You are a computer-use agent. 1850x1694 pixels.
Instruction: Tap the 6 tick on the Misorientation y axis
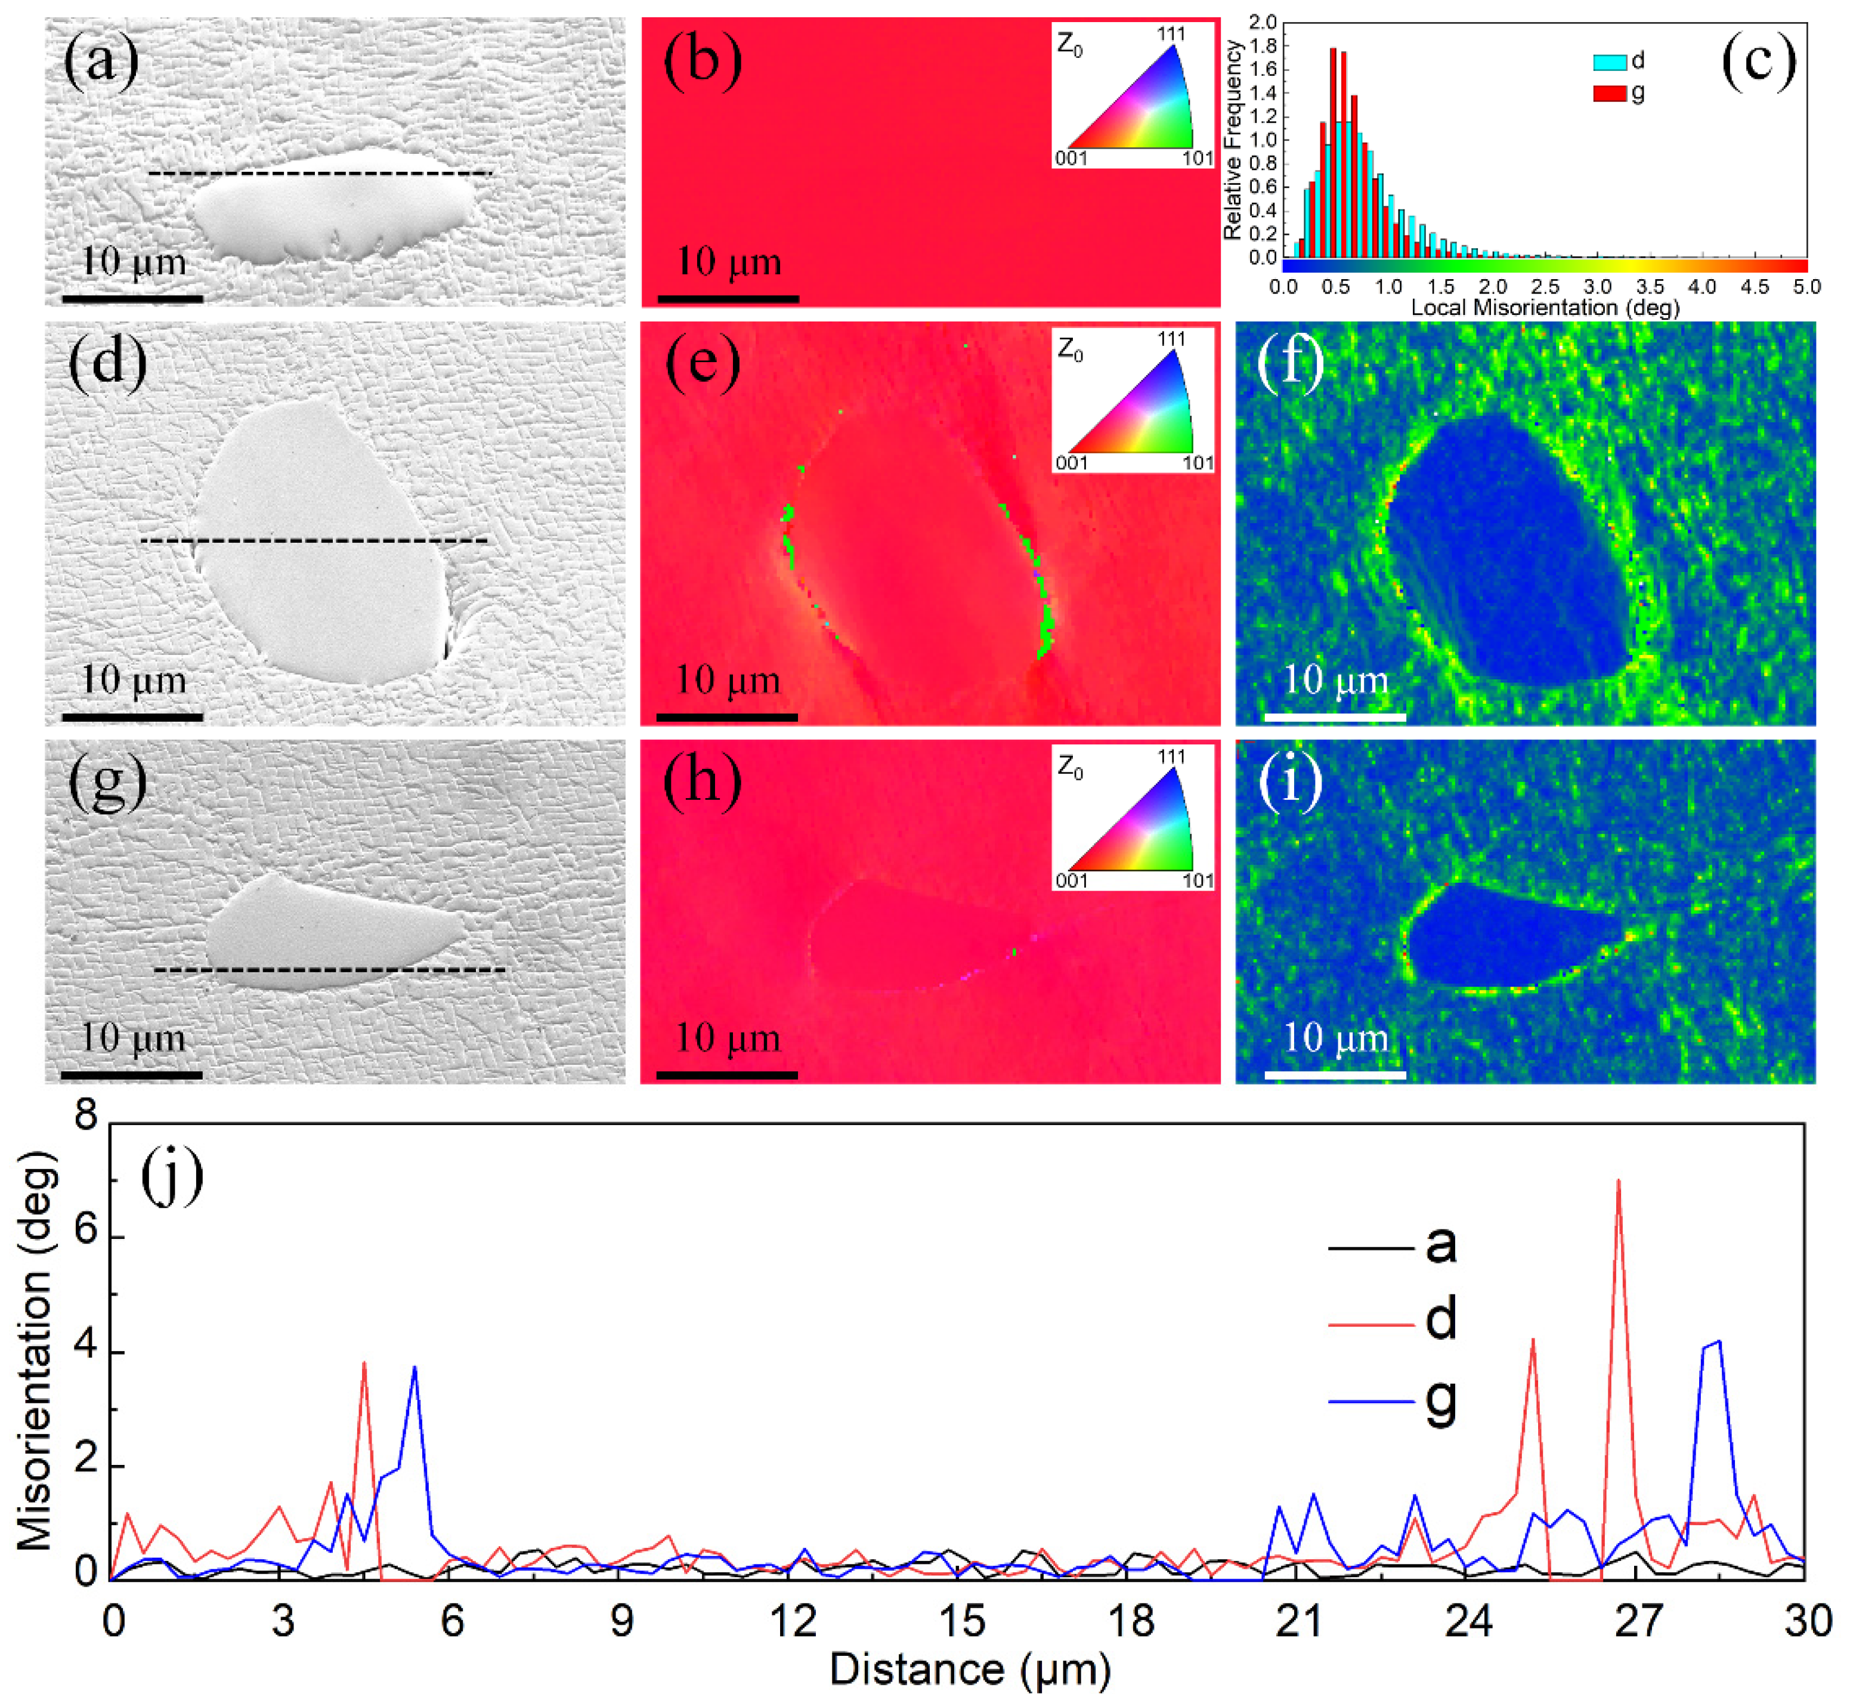(85, 1238)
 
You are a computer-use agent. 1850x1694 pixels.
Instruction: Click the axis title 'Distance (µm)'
(970, 1669)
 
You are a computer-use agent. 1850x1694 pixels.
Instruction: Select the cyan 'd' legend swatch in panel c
(1608, 63)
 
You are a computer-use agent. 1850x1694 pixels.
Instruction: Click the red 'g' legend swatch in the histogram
(1608, 92)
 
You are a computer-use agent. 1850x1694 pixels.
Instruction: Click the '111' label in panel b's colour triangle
(1171, 34)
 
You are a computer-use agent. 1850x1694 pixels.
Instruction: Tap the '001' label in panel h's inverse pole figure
(1071, 881)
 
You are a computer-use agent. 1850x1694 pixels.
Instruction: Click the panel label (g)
(107, 783)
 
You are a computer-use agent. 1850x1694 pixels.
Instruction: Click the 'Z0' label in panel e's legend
(1070, 351)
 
